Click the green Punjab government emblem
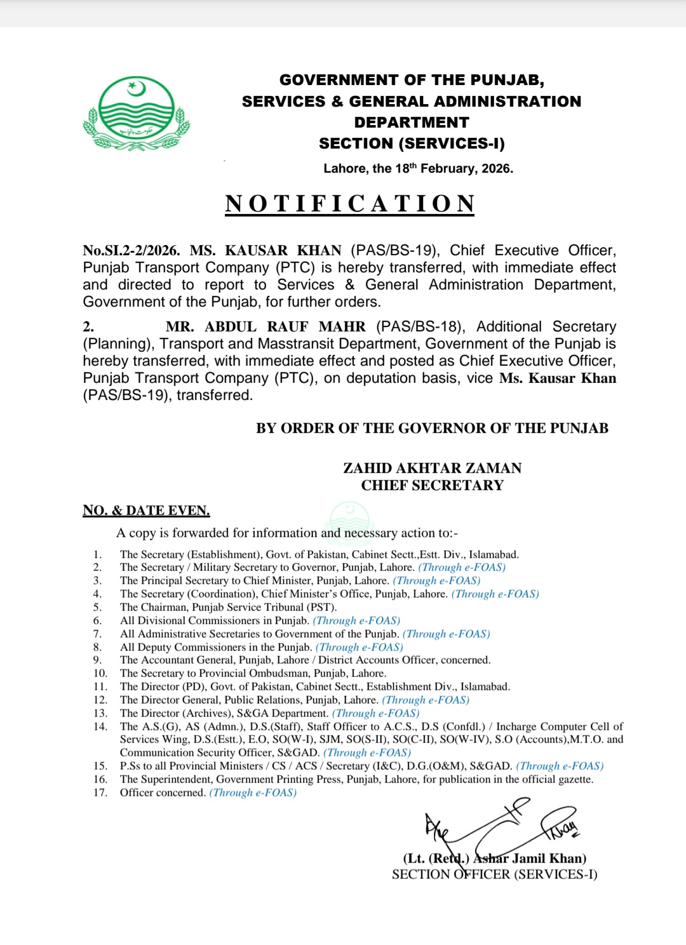click(x=136, y=113)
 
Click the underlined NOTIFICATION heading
click(x=350, y=204)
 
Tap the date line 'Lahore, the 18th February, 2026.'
click(x=418, y=168)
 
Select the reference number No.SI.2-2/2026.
click(x=131, y=251)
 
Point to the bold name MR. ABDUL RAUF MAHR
click(x=266, y=327)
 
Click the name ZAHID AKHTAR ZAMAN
click(x=432, y=468)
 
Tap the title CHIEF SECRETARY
click(x=432, y=485)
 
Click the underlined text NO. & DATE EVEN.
click(x=146, y=511)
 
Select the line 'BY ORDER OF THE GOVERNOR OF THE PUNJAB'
click(x=432, y=429)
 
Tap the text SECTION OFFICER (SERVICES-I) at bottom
click(x=494, y=875)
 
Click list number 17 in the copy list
click(x=100, y=793)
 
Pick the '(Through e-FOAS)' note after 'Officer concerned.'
click(x=253, y=793)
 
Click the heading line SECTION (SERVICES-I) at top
click(x=412, y=144)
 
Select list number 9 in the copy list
click(x=97, y=660)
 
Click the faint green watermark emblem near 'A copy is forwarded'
click(x=349, y=518)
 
